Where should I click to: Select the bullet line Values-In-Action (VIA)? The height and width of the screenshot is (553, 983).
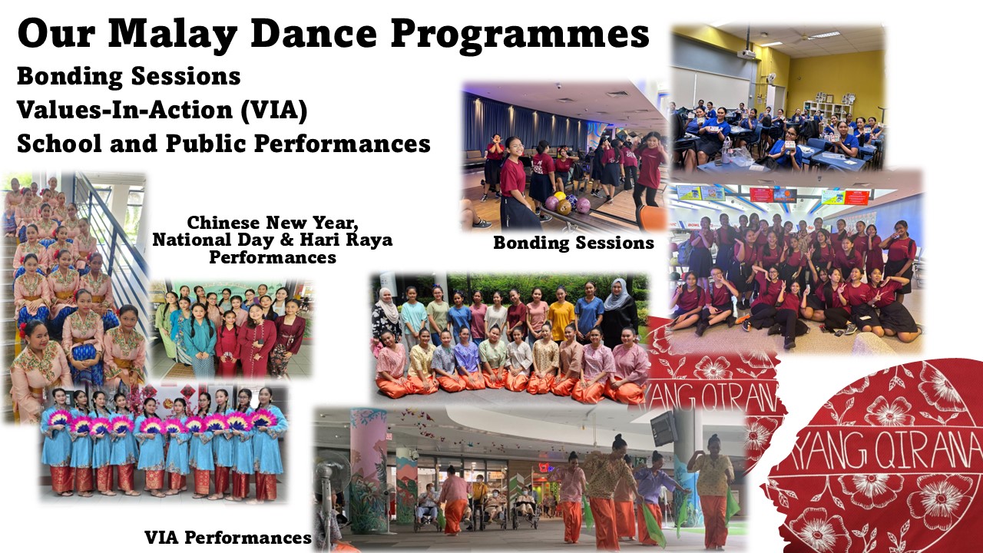(x=162, y=110)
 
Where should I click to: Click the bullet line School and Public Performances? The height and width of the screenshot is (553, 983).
(x=223, y=144)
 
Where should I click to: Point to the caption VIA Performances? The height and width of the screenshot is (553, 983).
(x=228, y=537)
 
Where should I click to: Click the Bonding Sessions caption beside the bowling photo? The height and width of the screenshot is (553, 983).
(x=574, y=243)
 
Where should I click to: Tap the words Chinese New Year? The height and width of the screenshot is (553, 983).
(x=273, y=223)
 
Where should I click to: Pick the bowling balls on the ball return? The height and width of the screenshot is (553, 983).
(x=567, y=202)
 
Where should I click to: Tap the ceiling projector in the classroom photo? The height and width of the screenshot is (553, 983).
(x=746, y=53)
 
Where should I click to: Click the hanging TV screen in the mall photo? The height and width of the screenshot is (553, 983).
(x=664, y=427)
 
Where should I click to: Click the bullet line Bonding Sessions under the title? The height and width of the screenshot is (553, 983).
(x=129, y=76)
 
